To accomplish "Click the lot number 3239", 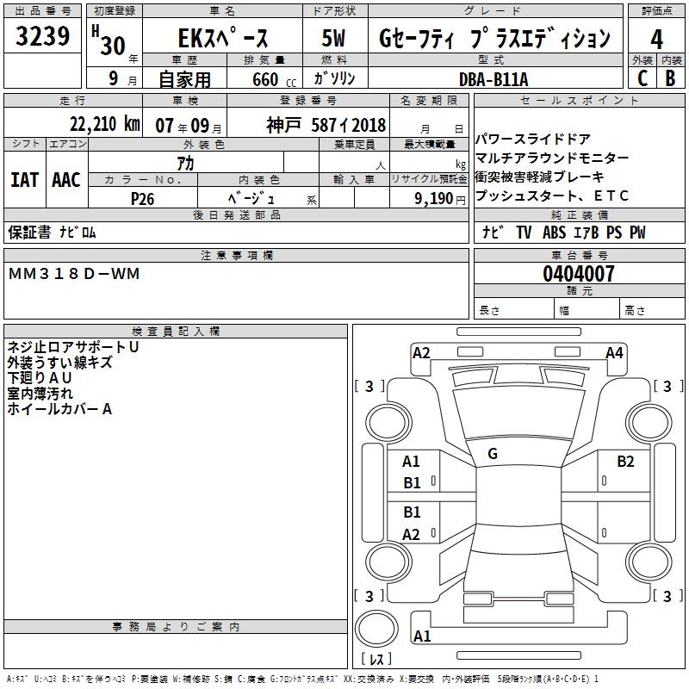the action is coord(43,37).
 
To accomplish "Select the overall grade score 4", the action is coord(657,39).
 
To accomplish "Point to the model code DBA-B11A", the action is coord(494,78).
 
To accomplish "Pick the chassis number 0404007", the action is coord(579,274).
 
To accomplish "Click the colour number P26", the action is coord(142,198).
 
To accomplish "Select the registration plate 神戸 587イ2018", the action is coord(326,124).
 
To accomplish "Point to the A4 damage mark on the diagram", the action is coord(614,352).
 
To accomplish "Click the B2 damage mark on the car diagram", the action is coord(625,461).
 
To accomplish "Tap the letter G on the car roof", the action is coord(493,454).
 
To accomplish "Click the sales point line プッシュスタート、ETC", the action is coord(552,196).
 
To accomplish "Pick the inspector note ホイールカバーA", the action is coord(59,409).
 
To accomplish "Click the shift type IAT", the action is coord(24,180).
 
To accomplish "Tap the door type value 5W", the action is coord(333,39).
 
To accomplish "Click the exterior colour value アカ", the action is coord(185,163).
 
